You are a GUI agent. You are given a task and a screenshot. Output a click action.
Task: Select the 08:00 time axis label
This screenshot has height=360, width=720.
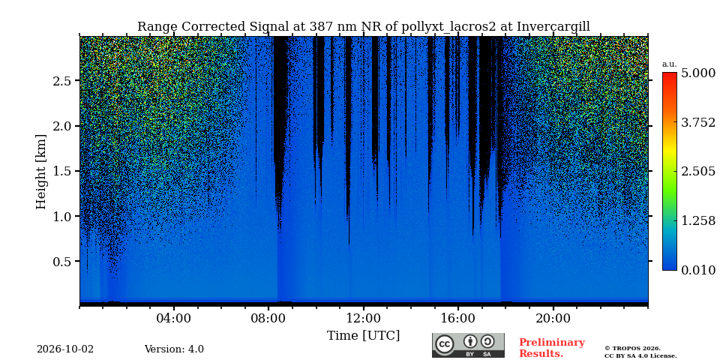click(268, 318)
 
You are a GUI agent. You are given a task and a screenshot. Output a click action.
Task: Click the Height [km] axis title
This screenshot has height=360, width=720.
click(41, 172)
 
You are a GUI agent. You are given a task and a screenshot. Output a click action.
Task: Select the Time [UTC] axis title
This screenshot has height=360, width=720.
click(363, 336)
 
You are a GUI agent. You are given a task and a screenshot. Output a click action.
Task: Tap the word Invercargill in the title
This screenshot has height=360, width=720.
click(553, 27)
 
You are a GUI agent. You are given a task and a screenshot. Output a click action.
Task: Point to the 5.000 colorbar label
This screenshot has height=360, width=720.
click(698, 73)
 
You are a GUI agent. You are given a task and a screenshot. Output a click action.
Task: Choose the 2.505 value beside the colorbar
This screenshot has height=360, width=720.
click(698, 172)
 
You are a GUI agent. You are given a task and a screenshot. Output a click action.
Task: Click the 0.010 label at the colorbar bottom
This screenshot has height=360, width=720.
click(698, 270)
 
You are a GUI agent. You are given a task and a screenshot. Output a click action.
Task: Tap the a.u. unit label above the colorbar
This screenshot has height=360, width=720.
click(670, 64)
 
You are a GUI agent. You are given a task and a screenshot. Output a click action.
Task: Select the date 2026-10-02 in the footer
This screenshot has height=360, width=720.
click(65, 349)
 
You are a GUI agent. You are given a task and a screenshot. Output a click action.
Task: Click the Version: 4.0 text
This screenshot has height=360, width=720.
click(174, 349)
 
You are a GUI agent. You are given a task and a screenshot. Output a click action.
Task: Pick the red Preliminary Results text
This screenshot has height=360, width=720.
click(552, 348)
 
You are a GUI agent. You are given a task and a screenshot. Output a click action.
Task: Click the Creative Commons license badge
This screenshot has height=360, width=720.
click(468, 345)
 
